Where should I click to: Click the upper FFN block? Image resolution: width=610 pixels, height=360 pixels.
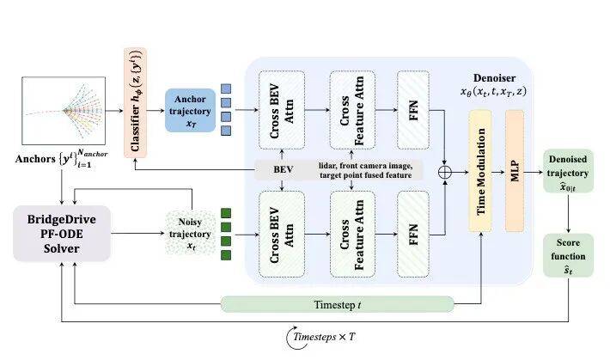(x=412, y=112)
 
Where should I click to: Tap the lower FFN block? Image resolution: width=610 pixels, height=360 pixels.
(x=412, y=233)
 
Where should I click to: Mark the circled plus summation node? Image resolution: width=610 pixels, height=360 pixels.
(x=445, y=173)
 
